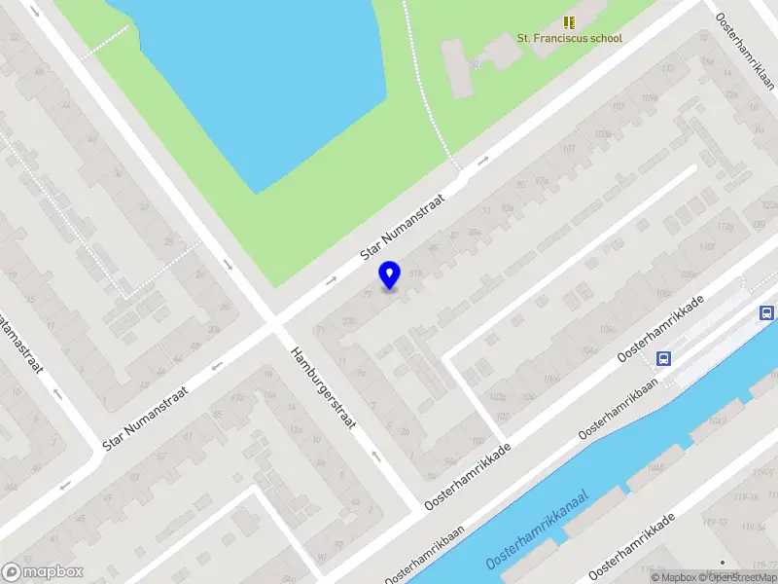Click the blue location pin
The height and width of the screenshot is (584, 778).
point(389,274)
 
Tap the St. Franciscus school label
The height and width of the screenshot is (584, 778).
point(569,38)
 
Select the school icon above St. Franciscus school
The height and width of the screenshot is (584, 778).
point(569,21)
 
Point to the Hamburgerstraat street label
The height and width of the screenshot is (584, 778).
point(325,386)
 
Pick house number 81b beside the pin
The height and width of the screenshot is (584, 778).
point(417,274)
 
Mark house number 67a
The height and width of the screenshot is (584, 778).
point(237,396)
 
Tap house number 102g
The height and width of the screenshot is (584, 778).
point(498,397)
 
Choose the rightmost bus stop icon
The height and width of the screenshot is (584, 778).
point(767,312)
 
